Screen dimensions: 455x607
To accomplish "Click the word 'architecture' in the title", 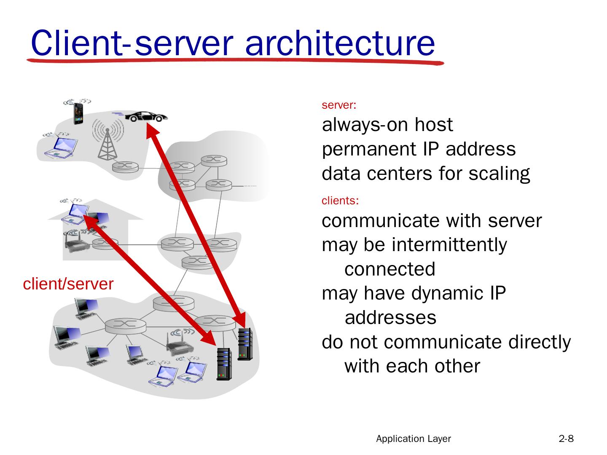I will pyautogui.click(x=339, y=43).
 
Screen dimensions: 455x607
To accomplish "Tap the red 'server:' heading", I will pyautogui.click(x=339, y=105).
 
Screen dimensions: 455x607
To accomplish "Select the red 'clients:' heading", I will pyautogui.click(x=340, y=201).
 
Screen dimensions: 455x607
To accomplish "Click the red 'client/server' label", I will pyautogui.click(x=68, y=284).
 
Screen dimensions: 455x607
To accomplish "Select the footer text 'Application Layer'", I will pyautogui.click(x=413, y=439).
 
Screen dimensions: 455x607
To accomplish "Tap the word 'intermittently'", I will pyautogui.click(x=449, y=245).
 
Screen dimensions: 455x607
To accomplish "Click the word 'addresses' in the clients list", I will pyautogui.click(x=390, y=318).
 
